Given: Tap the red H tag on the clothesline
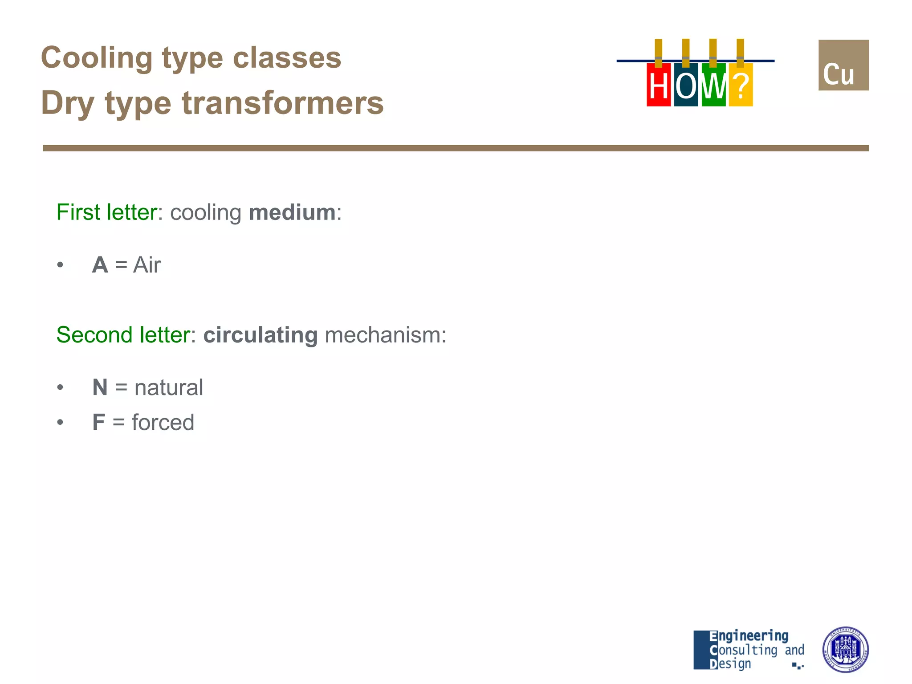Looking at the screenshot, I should tap(658, 85).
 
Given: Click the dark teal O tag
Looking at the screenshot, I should tap(686, 85).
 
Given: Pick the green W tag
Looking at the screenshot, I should tap(713, 85).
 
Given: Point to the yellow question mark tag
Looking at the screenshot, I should tap(741, 85).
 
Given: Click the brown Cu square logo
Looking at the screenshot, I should tap(843, 65).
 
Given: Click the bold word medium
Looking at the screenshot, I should tap(292, 212).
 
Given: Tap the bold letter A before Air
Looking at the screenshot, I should tap(100, 265).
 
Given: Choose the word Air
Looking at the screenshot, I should tap(147, 265).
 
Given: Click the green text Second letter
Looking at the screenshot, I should tap(123, 335).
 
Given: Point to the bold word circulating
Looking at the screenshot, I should tap(261, 335).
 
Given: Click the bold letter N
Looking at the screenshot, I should tap(100, 387).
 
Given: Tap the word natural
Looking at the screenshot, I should tap(169, 387).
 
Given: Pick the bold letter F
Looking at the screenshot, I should tap(98, 422).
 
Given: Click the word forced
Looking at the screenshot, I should tap(163, 422).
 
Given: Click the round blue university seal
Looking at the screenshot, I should tap(845, 649).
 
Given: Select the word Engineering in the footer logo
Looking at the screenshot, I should tap(749, 636).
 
